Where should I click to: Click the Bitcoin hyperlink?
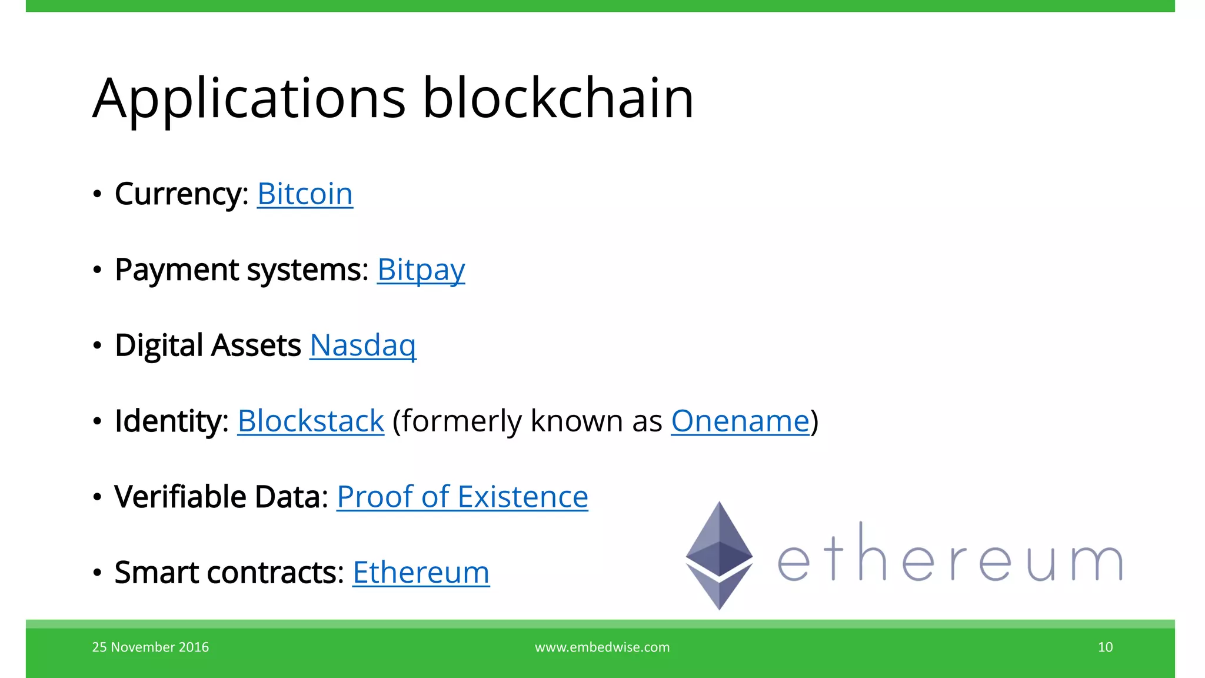[x=305, y=194]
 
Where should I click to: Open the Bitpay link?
[x=421, y=270]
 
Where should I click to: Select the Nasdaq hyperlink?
[x=363, y=345]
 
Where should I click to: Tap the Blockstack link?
[x=311, y=421]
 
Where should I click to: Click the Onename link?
[x=740, y=421]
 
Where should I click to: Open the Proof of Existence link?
[x=462, y=497]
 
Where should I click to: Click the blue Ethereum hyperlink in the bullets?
[x=421, y=573]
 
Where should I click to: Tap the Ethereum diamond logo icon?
[x=719, y=555]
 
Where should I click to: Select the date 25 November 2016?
[x=151, y=647]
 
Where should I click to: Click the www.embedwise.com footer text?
[x=602, y=647]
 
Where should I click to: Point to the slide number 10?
[x=1105, y=647]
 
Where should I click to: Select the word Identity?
[x=171, y=421]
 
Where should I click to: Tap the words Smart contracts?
[x=228, y=573]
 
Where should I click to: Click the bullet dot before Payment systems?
[x=97, y=270]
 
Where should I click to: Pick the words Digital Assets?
[x=208, y=345]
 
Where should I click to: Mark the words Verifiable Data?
[x=221, y=497]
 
